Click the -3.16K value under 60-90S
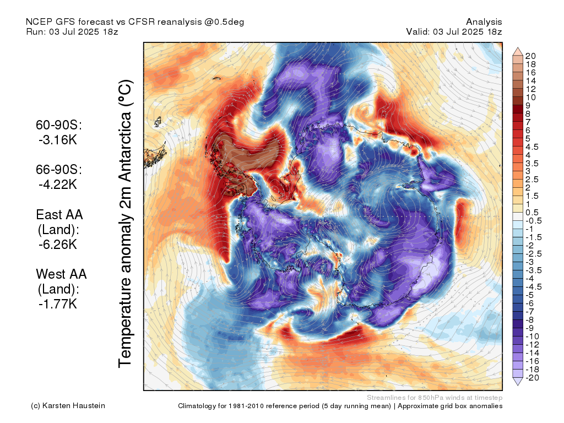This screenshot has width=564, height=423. click(x=57, y=140)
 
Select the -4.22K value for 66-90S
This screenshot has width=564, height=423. click(x=57, y=185)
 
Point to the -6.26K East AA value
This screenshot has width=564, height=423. click(x=57, y=244)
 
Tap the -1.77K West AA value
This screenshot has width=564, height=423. click(x=57, y=303)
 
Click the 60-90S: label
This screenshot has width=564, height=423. click(x=59, y=126)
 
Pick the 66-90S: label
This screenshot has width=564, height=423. click(x=59, y=170)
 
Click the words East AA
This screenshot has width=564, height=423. click(x=59, y=214)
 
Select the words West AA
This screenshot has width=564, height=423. click(x=61, y=274)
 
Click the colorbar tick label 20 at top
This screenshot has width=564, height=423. click(x=530, y=56)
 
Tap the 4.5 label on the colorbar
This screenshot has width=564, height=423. click(x=532, y=147)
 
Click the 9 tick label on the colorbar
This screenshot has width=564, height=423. click(x=528, y=105)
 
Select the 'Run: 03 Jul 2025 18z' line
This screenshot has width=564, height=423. click(x=72, y=31)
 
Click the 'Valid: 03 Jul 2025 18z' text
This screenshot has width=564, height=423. click(x=454, y=31)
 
